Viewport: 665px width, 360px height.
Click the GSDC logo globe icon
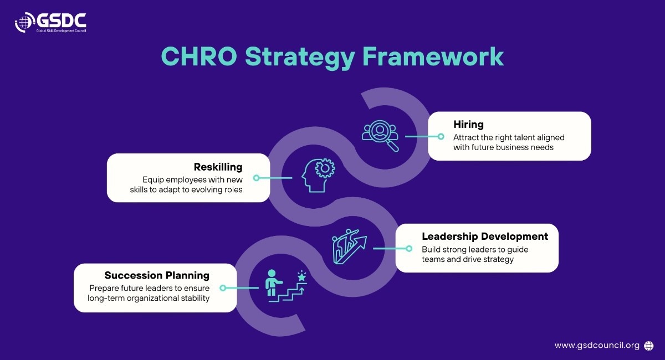click(24, 22)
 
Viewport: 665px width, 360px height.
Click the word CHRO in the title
click(199, 56)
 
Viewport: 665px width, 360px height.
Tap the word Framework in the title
click(433, 56)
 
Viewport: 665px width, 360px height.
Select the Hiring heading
click(468, 125)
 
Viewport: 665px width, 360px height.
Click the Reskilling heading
click(218, 167)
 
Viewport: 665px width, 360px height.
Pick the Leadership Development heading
click(485, 236)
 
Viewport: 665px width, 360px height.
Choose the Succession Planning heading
click(157, 275)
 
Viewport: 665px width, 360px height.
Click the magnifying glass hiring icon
click(380, 136)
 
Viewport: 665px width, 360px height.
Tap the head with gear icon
click(318, 175)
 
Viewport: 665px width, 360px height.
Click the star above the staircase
click(301, 276)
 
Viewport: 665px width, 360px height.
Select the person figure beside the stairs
click(273, 282)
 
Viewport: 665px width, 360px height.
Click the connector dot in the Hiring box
click(441, 136)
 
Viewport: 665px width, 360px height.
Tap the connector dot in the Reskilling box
click(257, 178)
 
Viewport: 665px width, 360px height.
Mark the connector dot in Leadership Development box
click(409, 249)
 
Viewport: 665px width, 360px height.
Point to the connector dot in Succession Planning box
click(223, 288)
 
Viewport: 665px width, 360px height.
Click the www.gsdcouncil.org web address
click(597, 346)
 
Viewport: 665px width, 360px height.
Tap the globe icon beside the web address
click(649, 346)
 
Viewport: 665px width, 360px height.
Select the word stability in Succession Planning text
click(195, 298)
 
